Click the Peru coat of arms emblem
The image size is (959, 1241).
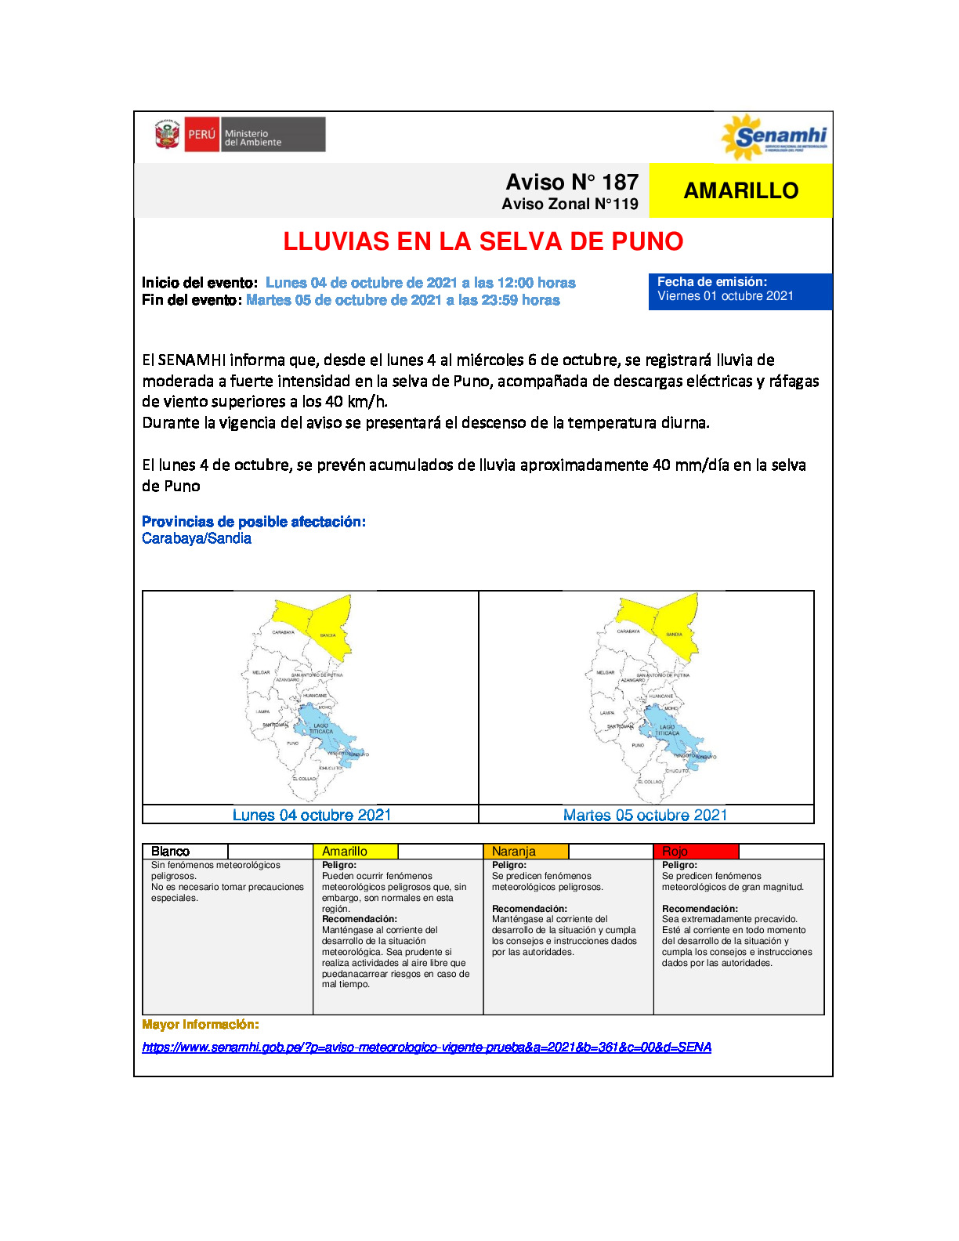[167, 135]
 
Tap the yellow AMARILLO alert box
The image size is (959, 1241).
[740, 190]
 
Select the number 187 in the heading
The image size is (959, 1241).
[620, 182]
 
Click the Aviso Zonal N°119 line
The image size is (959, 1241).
[570, 204]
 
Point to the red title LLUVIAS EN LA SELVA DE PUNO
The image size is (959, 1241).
[483, 241]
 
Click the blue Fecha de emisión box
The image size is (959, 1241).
[740, 291]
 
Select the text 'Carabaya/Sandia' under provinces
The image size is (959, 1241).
[197, 538]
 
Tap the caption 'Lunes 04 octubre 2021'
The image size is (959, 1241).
[311, 815]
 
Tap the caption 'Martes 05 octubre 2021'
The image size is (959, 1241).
[645, 815]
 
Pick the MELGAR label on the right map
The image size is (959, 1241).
[606, 672]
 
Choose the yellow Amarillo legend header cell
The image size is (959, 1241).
[355, 852]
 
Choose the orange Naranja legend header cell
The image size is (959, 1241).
[525, 852]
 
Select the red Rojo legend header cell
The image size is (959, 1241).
[695, 852]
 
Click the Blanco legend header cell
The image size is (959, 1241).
[185, 852]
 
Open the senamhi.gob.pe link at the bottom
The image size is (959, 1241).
[426, 1047]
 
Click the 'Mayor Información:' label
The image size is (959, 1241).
[200, 1025]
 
